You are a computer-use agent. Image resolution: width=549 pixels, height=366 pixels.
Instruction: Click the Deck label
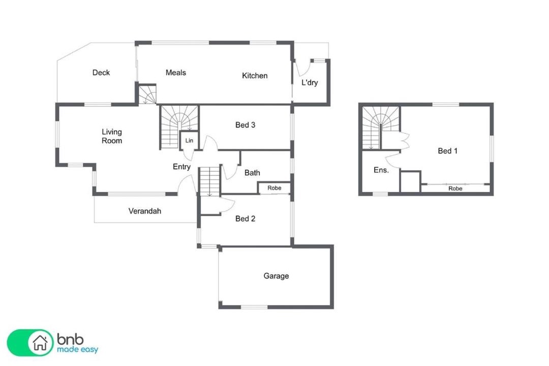[101, 73]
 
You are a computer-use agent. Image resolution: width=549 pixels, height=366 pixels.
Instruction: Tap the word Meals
[176, 73]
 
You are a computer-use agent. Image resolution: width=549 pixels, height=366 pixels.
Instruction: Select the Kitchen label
[255, 76]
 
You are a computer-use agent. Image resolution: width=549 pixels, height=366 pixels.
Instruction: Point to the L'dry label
[310, 83]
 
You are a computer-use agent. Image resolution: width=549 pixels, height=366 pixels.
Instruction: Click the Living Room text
[112, 136]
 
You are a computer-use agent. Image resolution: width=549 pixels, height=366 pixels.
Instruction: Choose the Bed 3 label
[245, 125]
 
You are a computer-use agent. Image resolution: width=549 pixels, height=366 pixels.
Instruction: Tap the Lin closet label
[189, 140]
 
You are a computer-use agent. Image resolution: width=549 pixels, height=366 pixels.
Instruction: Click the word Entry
[181, 167]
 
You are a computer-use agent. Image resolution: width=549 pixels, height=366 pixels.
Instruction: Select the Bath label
[252, 173]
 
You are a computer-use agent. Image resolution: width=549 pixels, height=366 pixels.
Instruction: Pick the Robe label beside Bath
[274, 188]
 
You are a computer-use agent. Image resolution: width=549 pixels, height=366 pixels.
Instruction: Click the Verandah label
[144, 211]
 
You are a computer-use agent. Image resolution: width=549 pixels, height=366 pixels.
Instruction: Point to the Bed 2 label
[245, 219]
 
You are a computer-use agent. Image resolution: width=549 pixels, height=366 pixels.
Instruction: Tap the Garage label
[276, 276]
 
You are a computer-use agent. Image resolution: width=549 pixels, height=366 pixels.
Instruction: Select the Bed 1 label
[447, 151]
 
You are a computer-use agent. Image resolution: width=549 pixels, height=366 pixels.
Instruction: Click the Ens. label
[381, 170]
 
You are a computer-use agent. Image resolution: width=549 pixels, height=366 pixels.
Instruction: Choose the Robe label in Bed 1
[455, 189]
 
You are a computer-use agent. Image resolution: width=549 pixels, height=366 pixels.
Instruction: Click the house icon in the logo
[40, 343]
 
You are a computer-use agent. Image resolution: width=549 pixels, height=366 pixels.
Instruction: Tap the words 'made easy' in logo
[78, 350]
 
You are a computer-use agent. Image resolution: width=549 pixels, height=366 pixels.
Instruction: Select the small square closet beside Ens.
[410, 182]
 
